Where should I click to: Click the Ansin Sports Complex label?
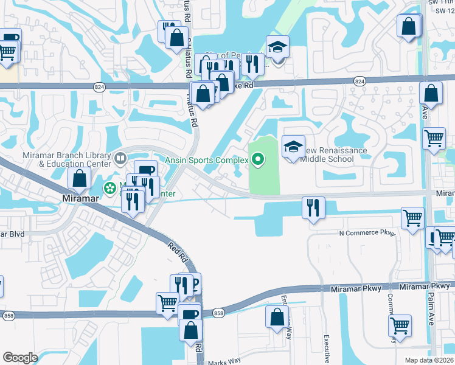pyautogui.click(x=207, y=160)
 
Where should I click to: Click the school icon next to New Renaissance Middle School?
pyautogui.click(x=293, y=147)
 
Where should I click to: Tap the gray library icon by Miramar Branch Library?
pyautogui.click(x=121, y=159)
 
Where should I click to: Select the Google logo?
pyautogui.click(x=20, y=358)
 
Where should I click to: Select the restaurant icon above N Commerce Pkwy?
pyautogui.click(x=313, y=207)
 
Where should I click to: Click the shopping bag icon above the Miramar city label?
pyautogui.click(x=80, y=178)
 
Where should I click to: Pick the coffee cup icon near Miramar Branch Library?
pyautogui.click(x=145, y=172)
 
